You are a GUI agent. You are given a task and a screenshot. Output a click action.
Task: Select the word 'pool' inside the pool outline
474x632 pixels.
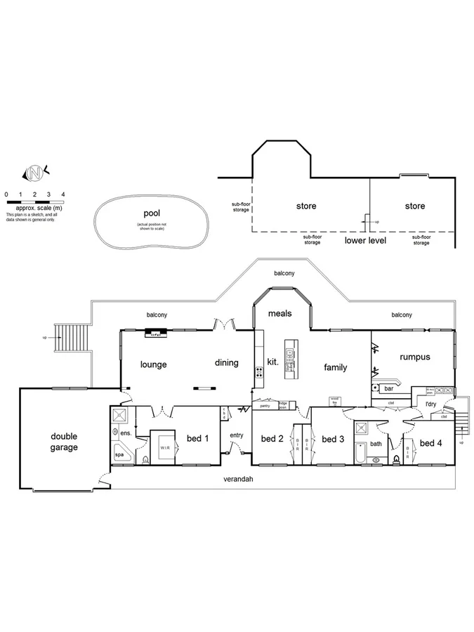tap(152, 212)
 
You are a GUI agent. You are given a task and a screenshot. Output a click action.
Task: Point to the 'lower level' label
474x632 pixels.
tap(365, 240)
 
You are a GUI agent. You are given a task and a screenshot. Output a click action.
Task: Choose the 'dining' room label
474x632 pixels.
tap(227, 363)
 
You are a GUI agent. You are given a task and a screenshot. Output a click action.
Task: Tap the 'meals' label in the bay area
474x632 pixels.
tap(281, 314)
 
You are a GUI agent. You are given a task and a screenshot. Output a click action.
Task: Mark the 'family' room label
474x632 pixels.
tap(336, 367)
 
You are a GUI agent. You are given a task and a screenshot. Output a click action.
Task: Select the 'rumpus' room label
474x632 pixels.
tap(414, 357)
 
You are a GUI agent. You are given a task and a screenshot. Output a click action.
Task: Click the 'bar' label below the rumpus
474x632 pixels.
tap(388, 388)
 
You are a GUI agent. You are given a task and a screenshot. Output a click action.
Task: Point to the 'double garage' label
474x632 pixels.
tap(64, 441)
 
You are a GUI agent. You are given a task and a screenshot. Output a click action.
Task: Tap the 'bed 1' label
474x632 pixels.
tap(198, 439)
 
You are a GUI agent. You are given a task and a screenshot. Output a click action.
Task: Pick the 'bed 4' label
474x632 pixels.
tap(431, 443)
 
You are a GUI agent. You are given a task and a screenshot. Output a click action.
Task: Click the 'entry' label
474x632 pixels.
tap(236, 435)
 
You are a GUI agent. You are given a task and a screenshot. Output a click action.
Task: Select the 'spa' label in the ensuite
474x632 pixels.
tap(119, 454)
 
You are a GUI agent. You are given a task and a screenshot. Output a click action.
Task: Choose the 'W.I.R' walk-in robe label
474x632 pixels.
tap(164, 447)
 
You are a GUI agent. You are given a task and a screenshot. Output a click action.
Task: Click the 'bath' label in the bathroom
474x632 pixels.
tap(376, 444)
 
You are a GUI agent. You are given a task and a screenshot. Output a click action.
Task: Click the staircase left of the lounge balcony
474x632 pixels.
tap(70, 340)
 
